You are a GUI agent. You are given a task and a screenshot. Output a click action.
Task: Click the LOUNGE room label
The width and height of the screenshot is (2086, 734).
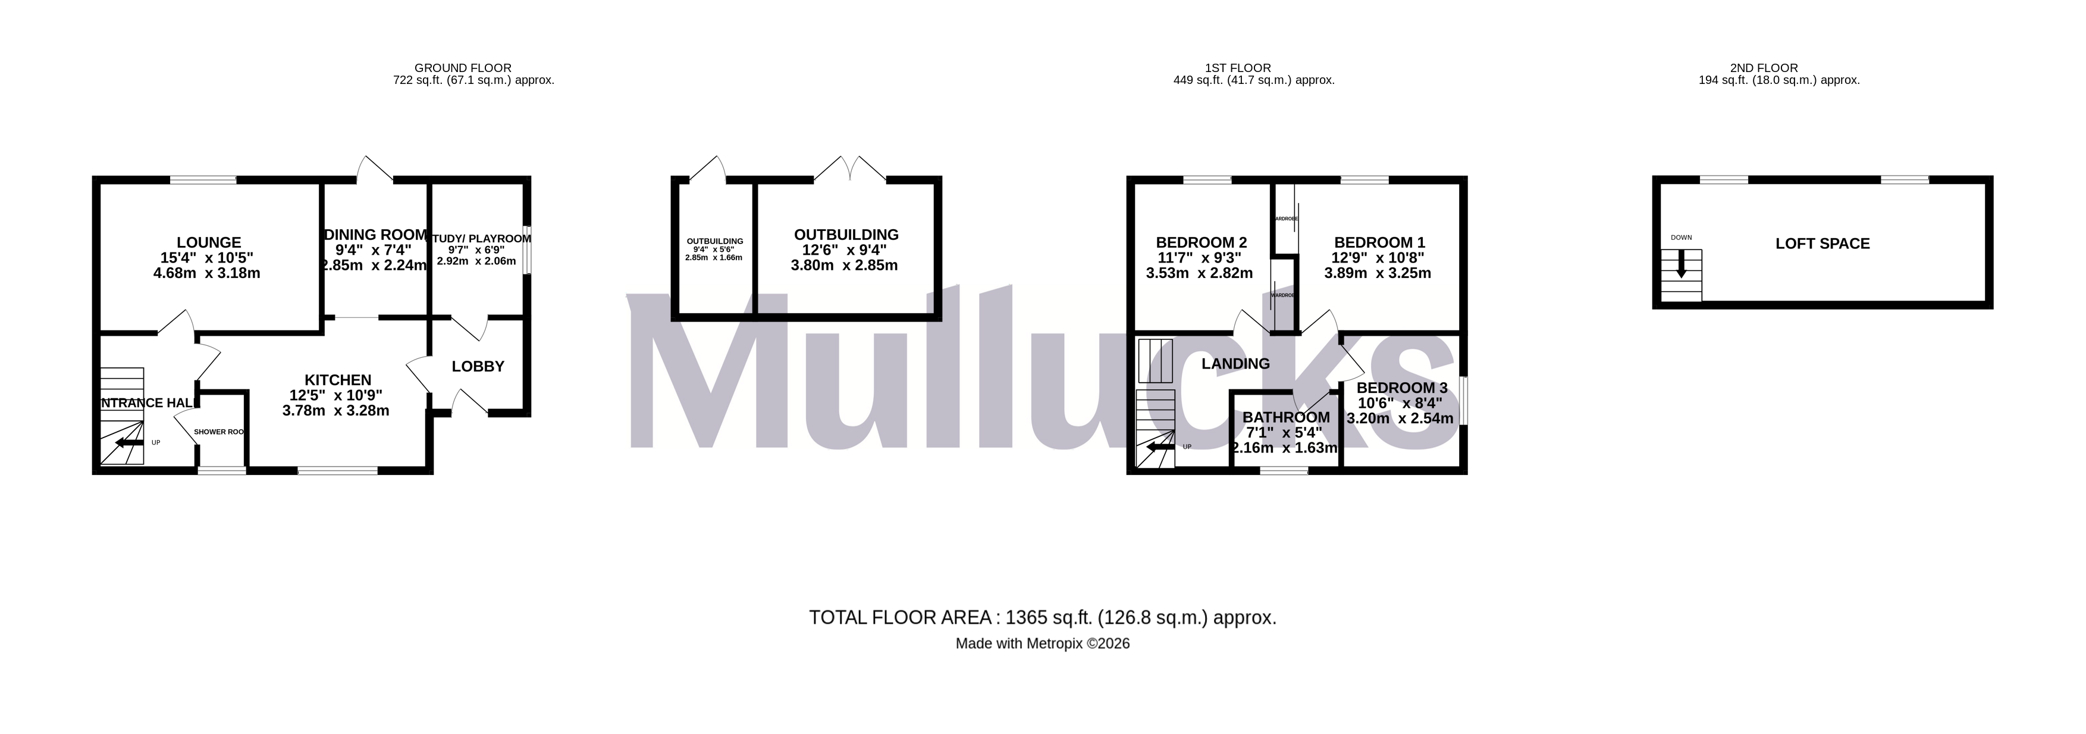click(209, 242)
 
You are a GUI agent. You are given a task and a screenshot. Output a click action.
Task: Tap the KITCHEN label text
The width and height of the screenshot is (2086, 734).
click(338, 380)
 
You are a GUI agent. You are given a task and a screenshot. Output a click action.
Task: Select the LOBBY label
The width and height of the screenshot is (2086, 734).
click(478, 367)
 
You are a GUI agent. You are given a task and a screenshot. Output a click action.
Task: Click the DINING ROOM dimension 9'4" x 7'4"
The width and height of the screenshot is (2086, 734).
click(374, 251)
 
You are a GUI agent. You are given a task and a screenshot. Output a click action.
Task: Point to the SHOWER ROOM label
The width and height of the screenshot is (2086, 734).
click(219, 432)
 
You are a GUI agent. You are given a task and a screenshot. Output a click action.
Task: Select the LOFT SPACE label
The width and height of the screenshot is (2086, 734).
click(1822, 244)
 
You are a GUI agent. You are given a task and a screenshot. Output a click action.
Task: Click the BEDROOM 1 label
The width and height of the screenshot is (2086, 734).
click(1379, 242)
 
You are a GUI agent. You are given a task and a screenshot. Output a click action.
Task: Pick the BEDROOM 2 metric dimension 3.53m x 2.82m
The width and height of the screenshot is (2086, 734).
click(1199, 273)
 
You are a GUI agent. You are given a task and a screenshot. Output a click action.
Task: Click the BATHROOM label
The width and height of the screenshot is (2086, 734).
click(1286, 417)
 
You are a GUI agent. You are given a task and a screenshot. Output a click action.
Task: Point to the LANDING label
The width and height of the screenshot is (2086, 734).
click(1235, 364)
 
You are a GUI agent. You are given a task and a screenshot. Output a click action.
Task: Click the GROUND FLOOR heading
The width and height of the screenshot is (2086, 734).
click(462, 68)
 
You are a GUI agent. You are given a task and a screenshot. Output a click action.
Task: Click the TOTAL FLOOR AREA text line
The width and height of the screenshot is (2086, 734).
click(1042, 618)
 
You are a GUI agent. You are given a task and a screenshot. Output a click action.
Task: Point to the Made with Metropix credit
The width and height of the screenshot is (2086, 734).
click(1042, 644)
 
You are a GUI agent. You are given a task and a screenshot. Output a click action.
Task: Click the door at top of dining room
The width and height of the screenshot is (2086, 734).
click(374, 168)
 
